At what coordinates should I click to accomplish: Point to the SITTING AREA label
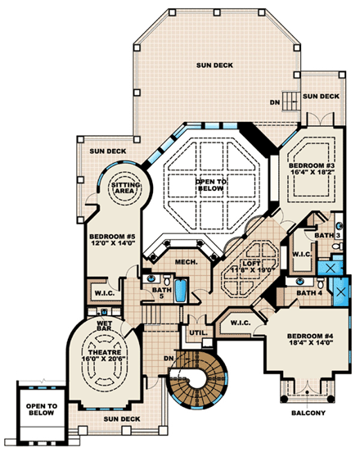126,189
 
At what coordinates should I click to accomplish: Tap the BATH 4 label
308,292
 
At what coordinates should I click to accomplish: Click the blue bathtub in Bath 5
181,288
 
